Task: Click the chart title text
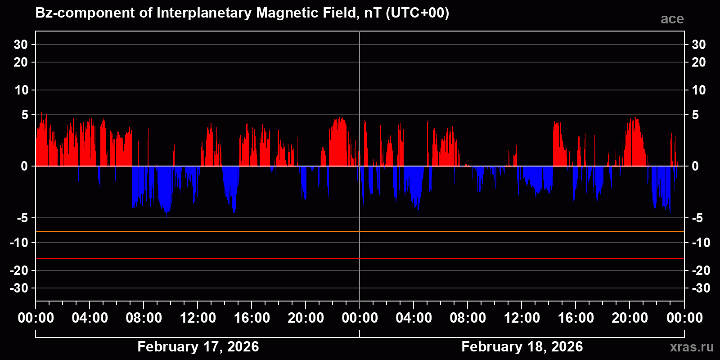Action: click(242, 13)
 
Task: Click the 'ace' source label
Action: click(672, 19)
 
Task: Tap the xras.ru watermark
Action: click(691, 347)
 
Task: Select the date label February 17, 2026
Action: click(198, 346)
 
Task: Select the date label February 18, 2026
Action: click(522, 346)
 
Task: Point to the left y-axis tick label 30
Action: click(21, 45)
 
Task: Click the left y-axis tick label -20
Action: click(19, 270)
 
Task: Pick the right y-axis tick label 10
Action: click(698, 90)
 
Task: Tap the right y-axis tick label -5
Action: click(697, 218)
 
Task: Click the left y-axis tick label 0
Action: click(24, 166)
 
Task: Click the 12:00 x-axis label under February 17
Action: click(198, 318)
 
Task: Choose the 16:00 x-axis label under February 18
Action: click(576, 318)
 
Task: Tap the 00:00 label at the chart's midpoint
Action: click(360, 318)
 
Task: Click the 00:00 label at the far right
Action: click(684, 318)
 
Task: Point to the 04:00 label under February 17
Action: click(90, 318)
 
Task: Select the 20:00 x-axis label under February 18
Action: click(630, 318)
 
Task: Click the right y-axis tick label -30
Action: click(700, 288)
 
